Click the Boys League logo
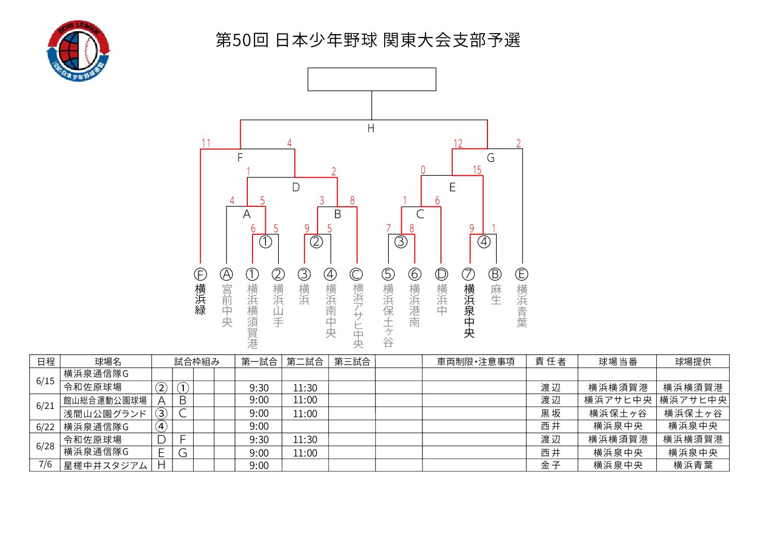[x=78, y=51]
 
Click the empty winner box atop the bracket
[x=372, y=79]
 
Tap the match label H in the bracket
[x=371, y=129]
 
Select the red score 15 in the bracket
[x=477, y=170]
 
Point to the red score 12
[x=458, y=143]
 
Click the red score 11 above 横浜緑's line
[x=206, y=143]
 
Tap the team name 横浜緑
[x=200, y=299]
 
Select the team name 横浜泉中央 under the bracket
[x=469, y=310]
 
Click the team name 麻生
[x=496, y=294]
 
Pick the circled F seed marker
[x=200, y=275]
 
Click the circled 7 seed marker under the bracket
[x=468, y=275]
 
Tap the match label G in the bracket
[x=491, y=158]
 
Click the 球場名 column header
[x=108, y=361]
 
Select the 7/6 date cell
[x=45, y=464]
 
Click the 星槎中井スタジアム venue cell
[x=105, y=465]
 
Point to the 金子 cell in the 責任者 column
[x=550, y=465]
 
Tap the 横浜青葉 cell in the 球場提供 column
[x=693, y=465]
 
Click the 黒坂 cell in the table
[x=550, y=413]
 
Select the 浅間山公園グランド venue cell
[x=105, y=414]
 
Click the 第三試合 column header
[x=352, y=361]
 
